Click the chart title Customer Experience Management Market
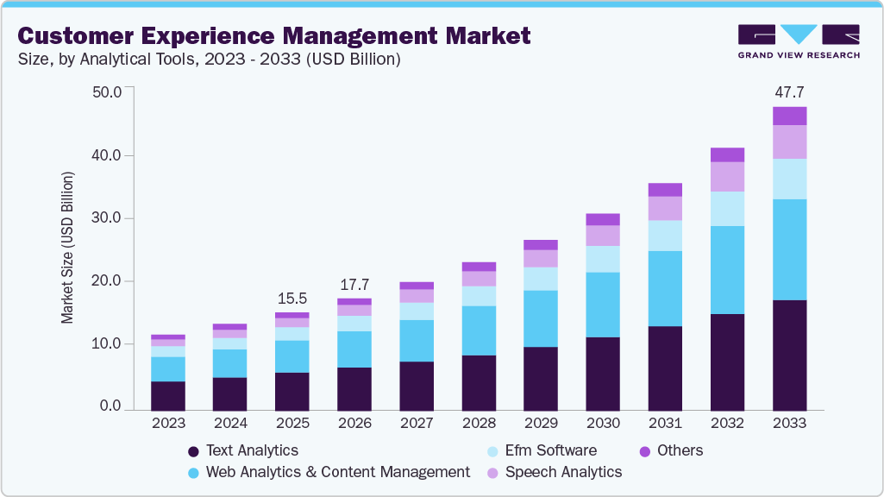click(x=273, y=35)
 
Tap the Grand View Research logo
click(x=798, y=41)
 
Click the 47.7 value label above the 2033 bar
click(x=789, y=92)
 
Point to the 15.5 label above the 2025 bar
click(x=292, y=298)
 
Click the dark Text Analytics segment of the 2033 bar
click(x=789, y=355)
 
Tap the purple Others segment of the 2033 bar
click(x=789, y=116)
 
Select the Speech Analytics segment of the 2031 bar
click(x=665, y=208)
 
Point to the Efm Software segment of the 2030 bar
click(x=603, y=259)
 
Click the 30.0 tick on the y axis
click(x=107, y=218)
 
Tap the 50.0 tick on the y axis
click(x=107, y=91)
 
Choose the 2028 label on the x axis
click(x=479, y=424)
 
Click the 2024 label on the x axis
click(x=230, y=424)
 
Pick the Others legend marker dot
click(x=644, y=451)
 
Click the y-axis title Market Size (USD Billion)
click(x=67, y=248)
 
